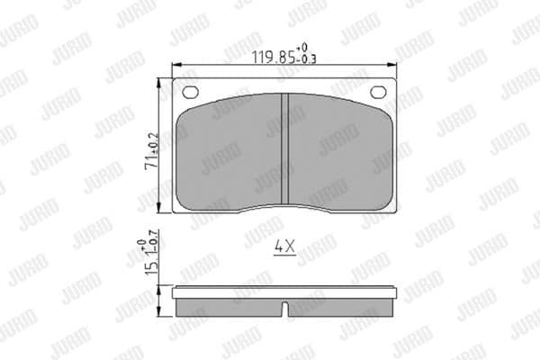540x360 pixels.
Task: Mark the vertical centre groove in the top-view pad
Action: pos(283,149)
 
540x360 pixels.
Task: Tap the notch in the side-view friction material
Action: pos(283,308)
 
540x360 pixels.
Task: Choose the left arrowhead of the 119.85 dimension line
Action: pos(175,65)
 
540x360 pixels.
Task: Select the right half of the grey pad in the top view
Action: pos(337,153)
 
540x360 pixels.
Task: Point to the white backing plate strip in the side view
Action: pos(283,292)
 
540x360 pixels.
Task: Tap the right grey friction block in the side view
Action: pos(340,307)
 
